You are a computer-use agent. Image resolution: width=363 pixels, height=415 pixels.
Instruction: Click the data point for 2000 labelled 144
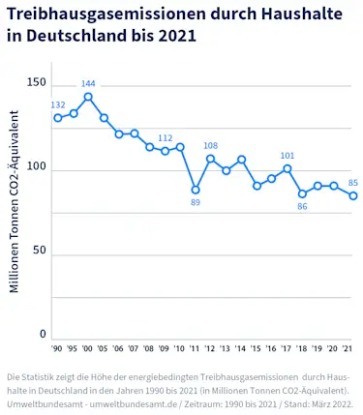88,97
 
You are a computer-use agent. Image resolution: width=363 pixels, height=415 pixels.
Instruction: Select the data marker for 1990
58,118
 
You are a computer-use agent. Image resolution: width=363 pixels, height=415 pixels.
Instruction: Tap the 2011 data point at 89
196,190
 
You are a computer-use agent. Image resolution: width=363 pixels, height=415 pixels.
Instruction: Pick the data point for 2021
353,195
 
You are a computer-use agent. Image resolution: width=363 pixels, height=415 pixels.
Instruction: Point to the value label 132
58,104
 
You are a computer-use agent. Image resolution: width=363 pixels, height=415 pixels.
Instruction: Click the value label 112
165,138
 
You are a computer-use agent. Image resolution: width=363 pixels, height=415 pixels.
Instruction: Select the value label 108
210,146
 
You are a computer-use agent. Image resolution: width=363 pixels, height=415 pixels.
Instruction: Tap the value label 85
353,183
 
